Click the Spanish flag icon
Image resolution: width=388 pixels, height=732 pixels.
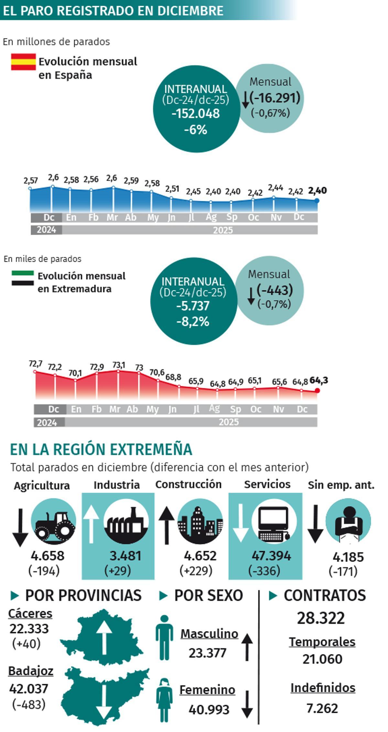(x=23, y=62)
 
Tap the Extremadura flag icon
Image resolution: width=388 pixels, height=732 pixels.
(x=23, y=278)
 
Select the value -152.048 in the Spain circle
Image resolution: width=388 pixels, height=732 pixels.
(x=196, y=114)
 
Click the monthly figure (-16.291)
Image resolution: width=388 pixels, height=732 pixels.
(x=275, y=97)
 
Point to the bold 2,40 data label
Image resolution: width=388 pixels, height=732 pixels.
(x=317, y=190)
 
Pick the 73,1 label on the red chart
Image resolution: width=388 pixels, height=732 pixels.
(x=119, y=365)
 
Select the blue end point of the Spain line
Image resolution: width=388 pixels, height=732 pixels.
(x=317, y=201)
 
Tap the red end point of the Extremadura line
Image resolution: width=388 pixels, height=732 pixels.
(x=318, y=391)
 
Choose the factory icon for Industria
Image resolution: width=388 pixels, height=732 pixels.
(x=126, y=522)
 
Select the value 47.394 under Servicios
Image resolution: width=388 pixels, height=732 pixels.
(x=271, y=556)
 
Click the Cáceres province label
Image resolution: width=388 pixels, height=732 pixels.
(x=30, y=613)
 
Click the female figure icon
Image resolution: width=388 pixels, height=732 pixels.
(x=165, y=704)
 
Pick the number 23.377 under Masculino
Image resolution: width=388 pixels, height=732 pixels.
(x=208, y=653)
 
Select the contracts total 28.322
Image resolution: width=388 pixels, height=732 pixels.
(x=321, y=618)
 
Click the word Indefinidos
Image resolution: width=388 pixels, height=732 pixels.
(x=323, y=688)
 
